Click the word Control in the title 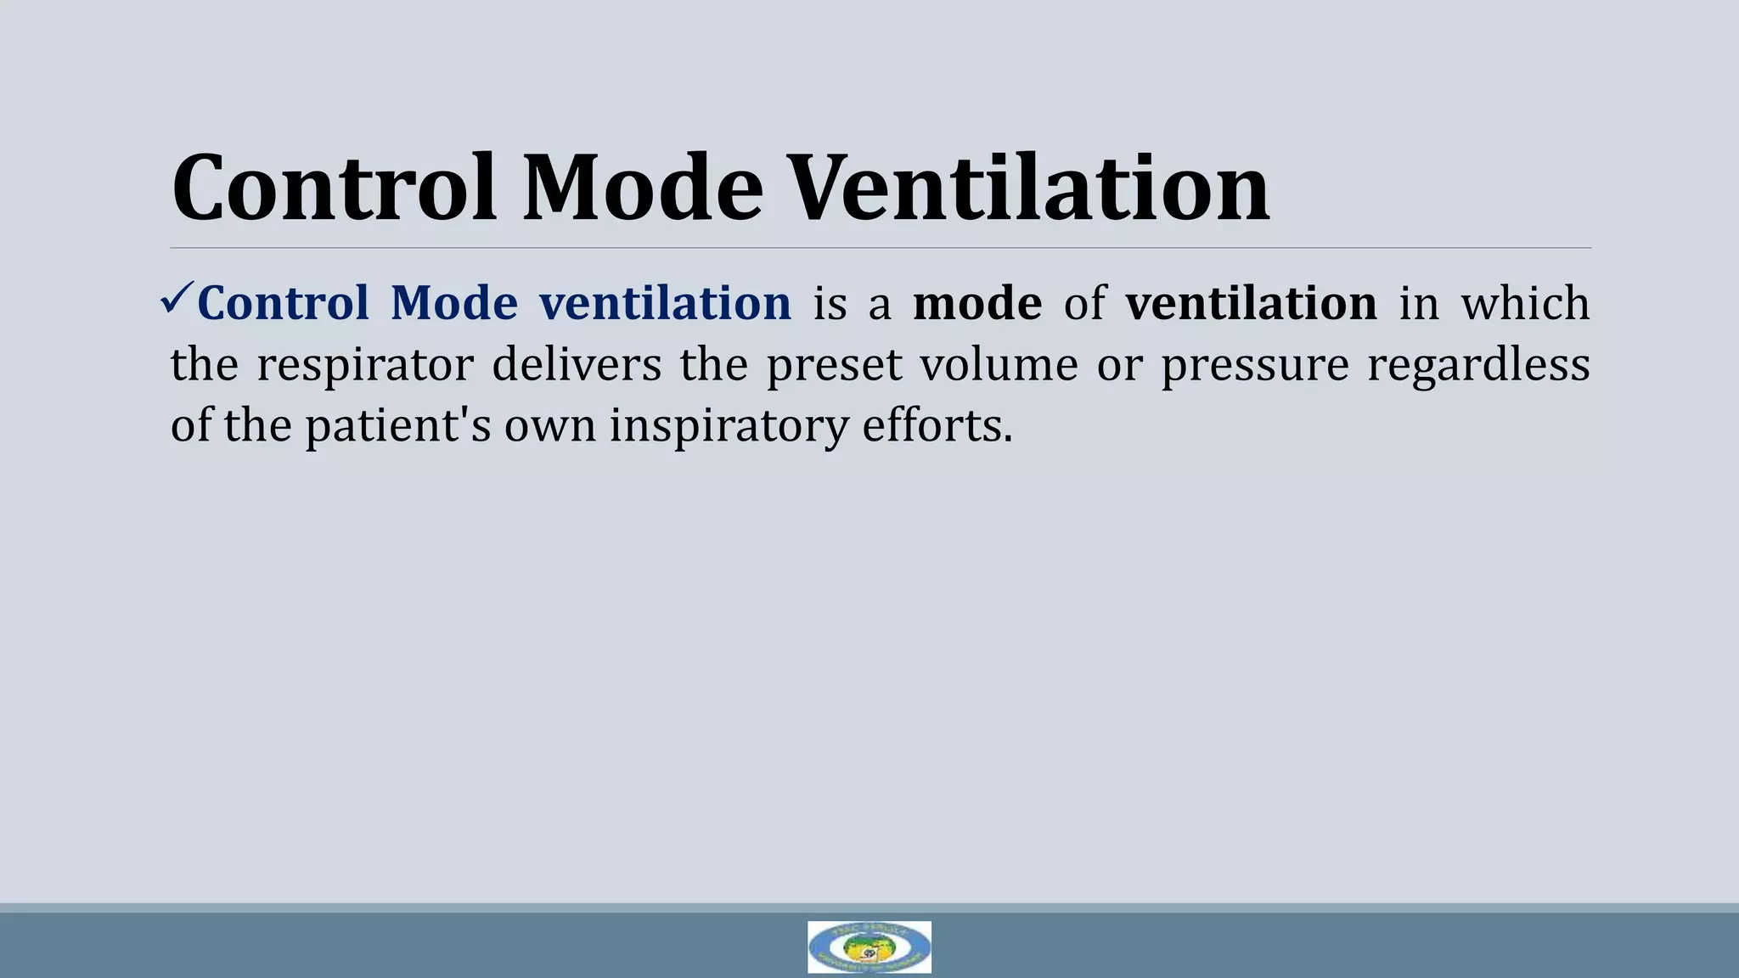click(334, 188)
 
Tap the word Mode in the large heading click(643, 188)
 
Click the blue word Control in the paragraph click(284, 303)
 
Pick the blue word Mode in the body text click(454, 303)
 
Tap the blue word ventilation click(665, 303)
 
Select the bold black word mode click(977, 303)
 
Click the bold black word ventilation click(1251, 303)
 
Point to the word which click(1525, 303)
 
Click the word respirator click(364, 365)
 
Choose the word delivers click(577, 364)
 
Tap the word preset click(834, 365)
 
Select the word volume click(999, 364)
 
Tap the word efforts click(937, 425)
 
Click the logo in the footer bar click(869, 947)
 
